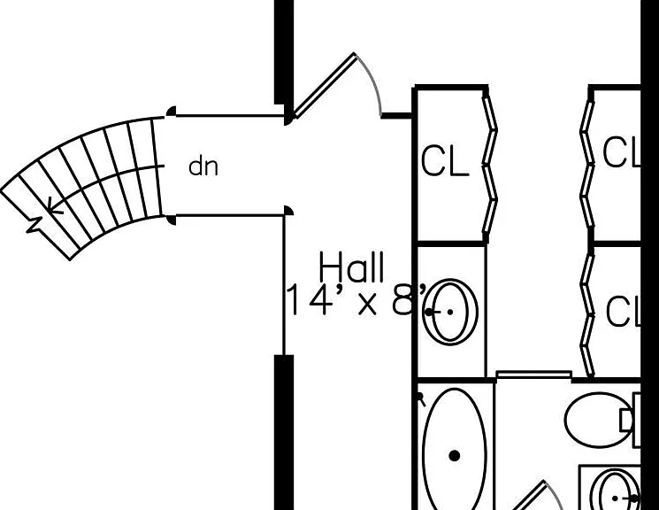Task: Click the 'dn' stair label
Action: [203, 166]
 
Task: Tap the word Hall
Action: [351, 267]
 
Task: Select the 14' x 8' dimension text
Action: [356, 299]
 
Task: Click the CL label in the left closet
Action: [445, 160]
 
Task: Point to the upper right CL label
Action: [622, 151]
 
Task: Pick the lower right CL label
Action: [624, 312]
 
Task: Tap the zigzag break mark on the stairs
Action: [35, 225]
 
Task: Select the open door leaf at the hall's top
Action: [325, 86]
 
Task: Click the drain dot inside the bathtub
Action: [455, 456]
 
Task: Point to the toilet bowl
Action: [597, 420]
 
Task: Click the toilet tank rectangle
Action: [636, 420]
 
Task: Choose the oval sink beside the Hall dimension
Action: [450, 312]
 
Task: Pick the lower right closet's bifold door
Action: [587, 312]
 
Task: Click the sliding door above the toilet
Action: [533, 375]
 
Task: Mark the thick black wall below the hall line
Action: [284, 432]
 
